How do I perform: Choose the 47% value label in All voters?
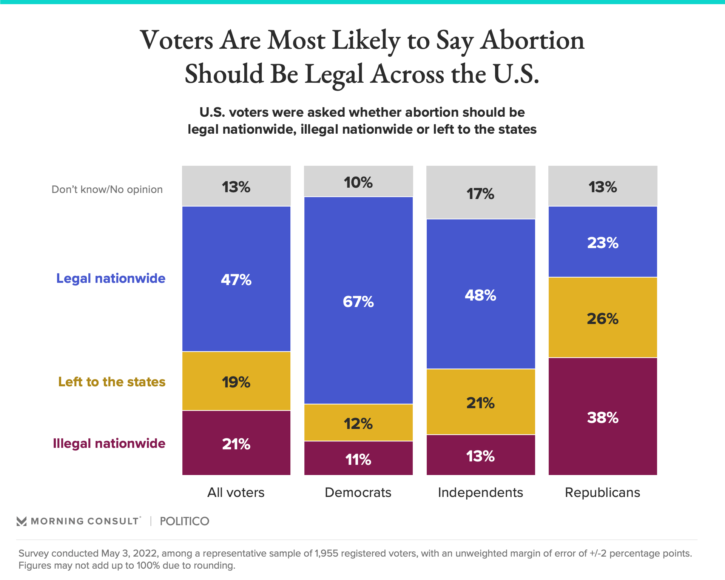[236, 280]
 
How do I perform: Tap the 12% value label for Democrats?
[358, 424]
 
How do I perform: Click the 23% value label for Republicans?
[603, 243]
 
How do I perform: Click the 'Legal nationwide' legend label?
[111, 278]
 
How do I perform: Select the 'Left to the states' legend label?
[112, 382]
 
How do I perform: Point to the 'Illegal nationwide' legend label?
[109, 443]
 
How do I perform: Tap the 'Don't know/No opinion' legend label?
[107, 189]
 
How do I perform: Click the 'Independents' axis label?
[480, 492]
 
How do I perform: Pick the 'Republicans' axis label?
[603, 492]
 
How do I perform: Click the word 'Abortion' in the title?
[532, 40]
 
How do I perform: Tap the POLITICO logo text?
[184, 521]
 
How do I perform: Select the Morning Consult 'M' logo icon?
[22, 521]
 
